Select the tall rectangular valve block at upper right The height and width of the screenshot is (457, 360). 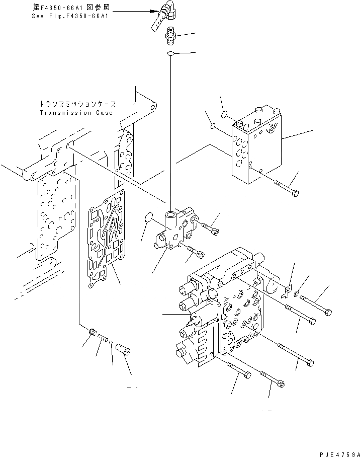pyautogui.click(x=256, y=148)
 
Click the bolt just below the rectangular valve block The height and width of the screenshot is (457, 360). pyautogui.click(x=286, y=189)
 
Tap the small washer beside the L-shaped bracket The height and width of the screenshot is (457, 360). pyautogui.click(x=298, y=293)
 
